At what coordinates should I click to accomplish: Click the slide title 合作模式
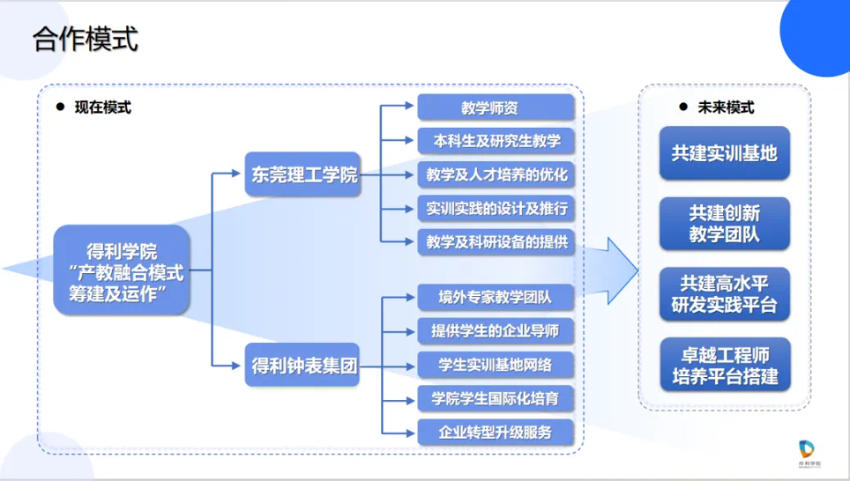[86, 40]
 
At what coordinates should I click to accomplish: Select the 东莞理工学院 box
[302, 175]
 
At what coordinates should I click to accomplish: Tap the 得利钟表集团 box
[302, 366]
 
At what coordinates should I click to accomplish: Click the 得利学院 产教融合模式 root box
[122, 270]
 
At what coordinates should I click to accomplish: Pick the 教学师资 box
[496, 107]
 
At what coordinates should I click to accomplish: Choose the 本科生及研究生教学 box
[496, 141]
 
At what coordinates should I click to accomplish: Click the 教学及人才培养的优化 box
[496, 174]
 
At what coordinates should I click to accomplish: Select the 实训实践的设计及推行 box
[496, 208]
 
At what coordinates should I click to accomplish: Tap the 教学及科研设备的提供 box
[496, 240]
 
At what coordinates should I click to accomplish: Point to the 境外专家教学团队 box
[496, 298]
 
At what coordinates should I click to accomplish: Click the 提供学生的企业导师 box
[496, 331]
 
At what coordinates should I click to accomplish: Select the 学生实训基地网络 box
[496, 365]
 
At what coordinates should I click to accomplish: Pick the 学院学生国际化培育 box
[496, 398]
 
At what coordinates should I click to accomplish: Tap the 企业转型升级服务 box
[496, 432]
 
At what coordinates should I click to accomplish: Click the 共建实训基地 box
[724, 153]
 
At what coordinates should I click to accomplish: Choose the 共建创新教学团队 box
[724, 224]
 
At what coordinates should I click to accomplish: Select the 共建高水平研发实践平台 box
[724, 294]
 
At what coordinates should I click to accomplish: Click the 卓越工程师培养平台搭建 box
[724, 365]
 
